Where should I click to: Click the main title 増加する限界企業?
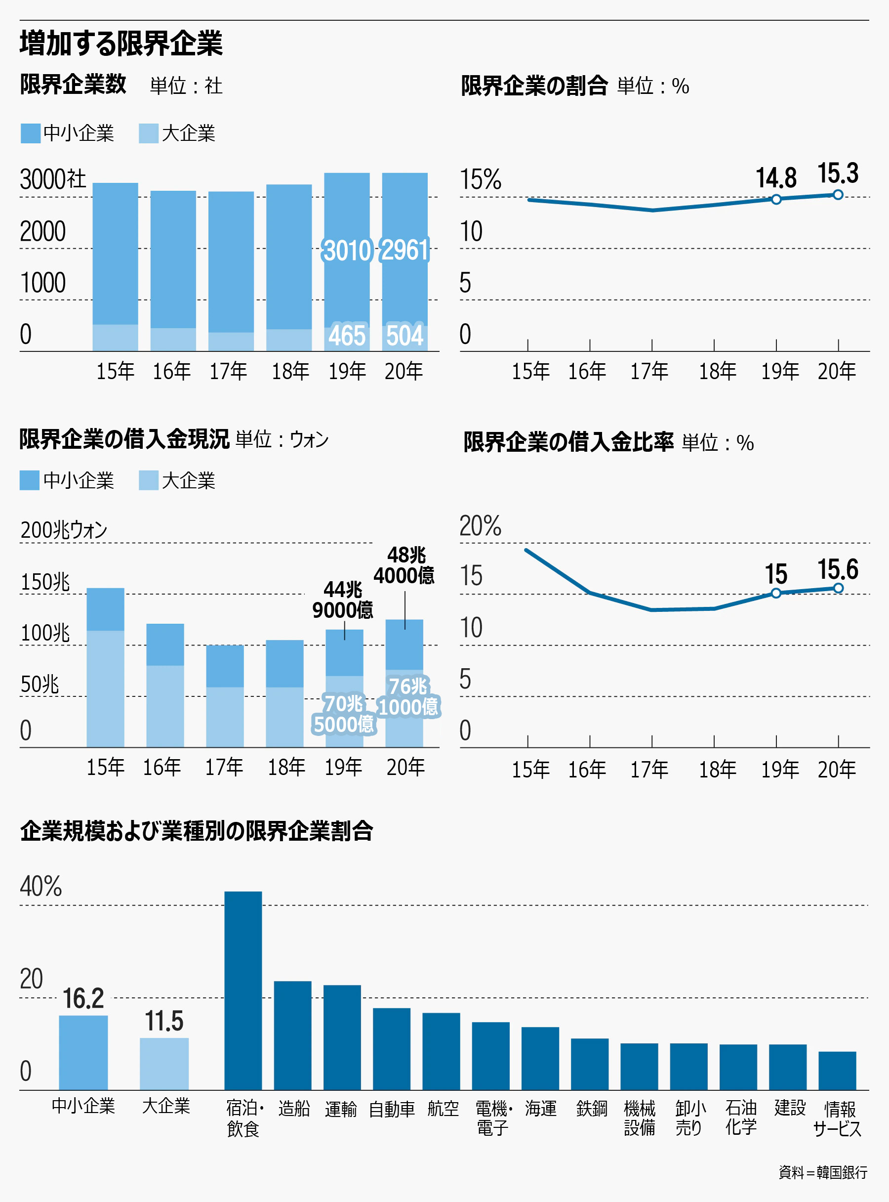[x=121, y=43]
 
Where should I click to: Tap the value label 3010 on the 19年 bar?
[x=347, y=251]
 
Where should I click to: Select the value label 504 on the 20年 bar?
[x=404, y=336]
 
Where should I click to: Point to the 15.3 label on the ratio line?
[x=838, y=173]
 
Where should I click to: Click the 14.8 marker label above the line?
[x=776, y=178]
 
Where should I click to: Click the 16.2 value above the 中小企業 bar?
[x=83, y=998]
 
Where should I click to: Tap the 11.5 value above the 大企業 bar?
[x=164, y=1021]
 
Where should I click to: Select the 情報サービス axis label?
[x=838, y=1118]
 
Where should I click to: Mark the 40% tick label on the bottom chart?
[x=41, y=886]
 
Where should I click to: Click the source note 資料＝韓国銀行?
[x=823, y=1172]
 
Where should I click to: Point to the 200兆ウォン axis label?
[x=64, y=530]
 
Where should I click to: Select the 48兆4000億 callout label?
[x=404, y=565]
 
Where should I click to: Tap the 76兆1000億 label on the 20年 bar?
[x=408, y=696]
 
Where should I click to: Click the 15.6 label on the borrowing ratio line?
[x=838, y=569]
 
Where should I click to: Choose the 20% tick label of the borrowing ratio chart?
[x=480, y=525]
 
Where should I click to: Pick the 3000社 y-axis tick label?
[x=53, y=179]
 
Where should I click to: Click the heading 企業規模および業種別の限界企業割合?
[x=197, y=831]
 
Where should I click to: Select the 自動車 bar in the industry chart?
[x=392, y=1048]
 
